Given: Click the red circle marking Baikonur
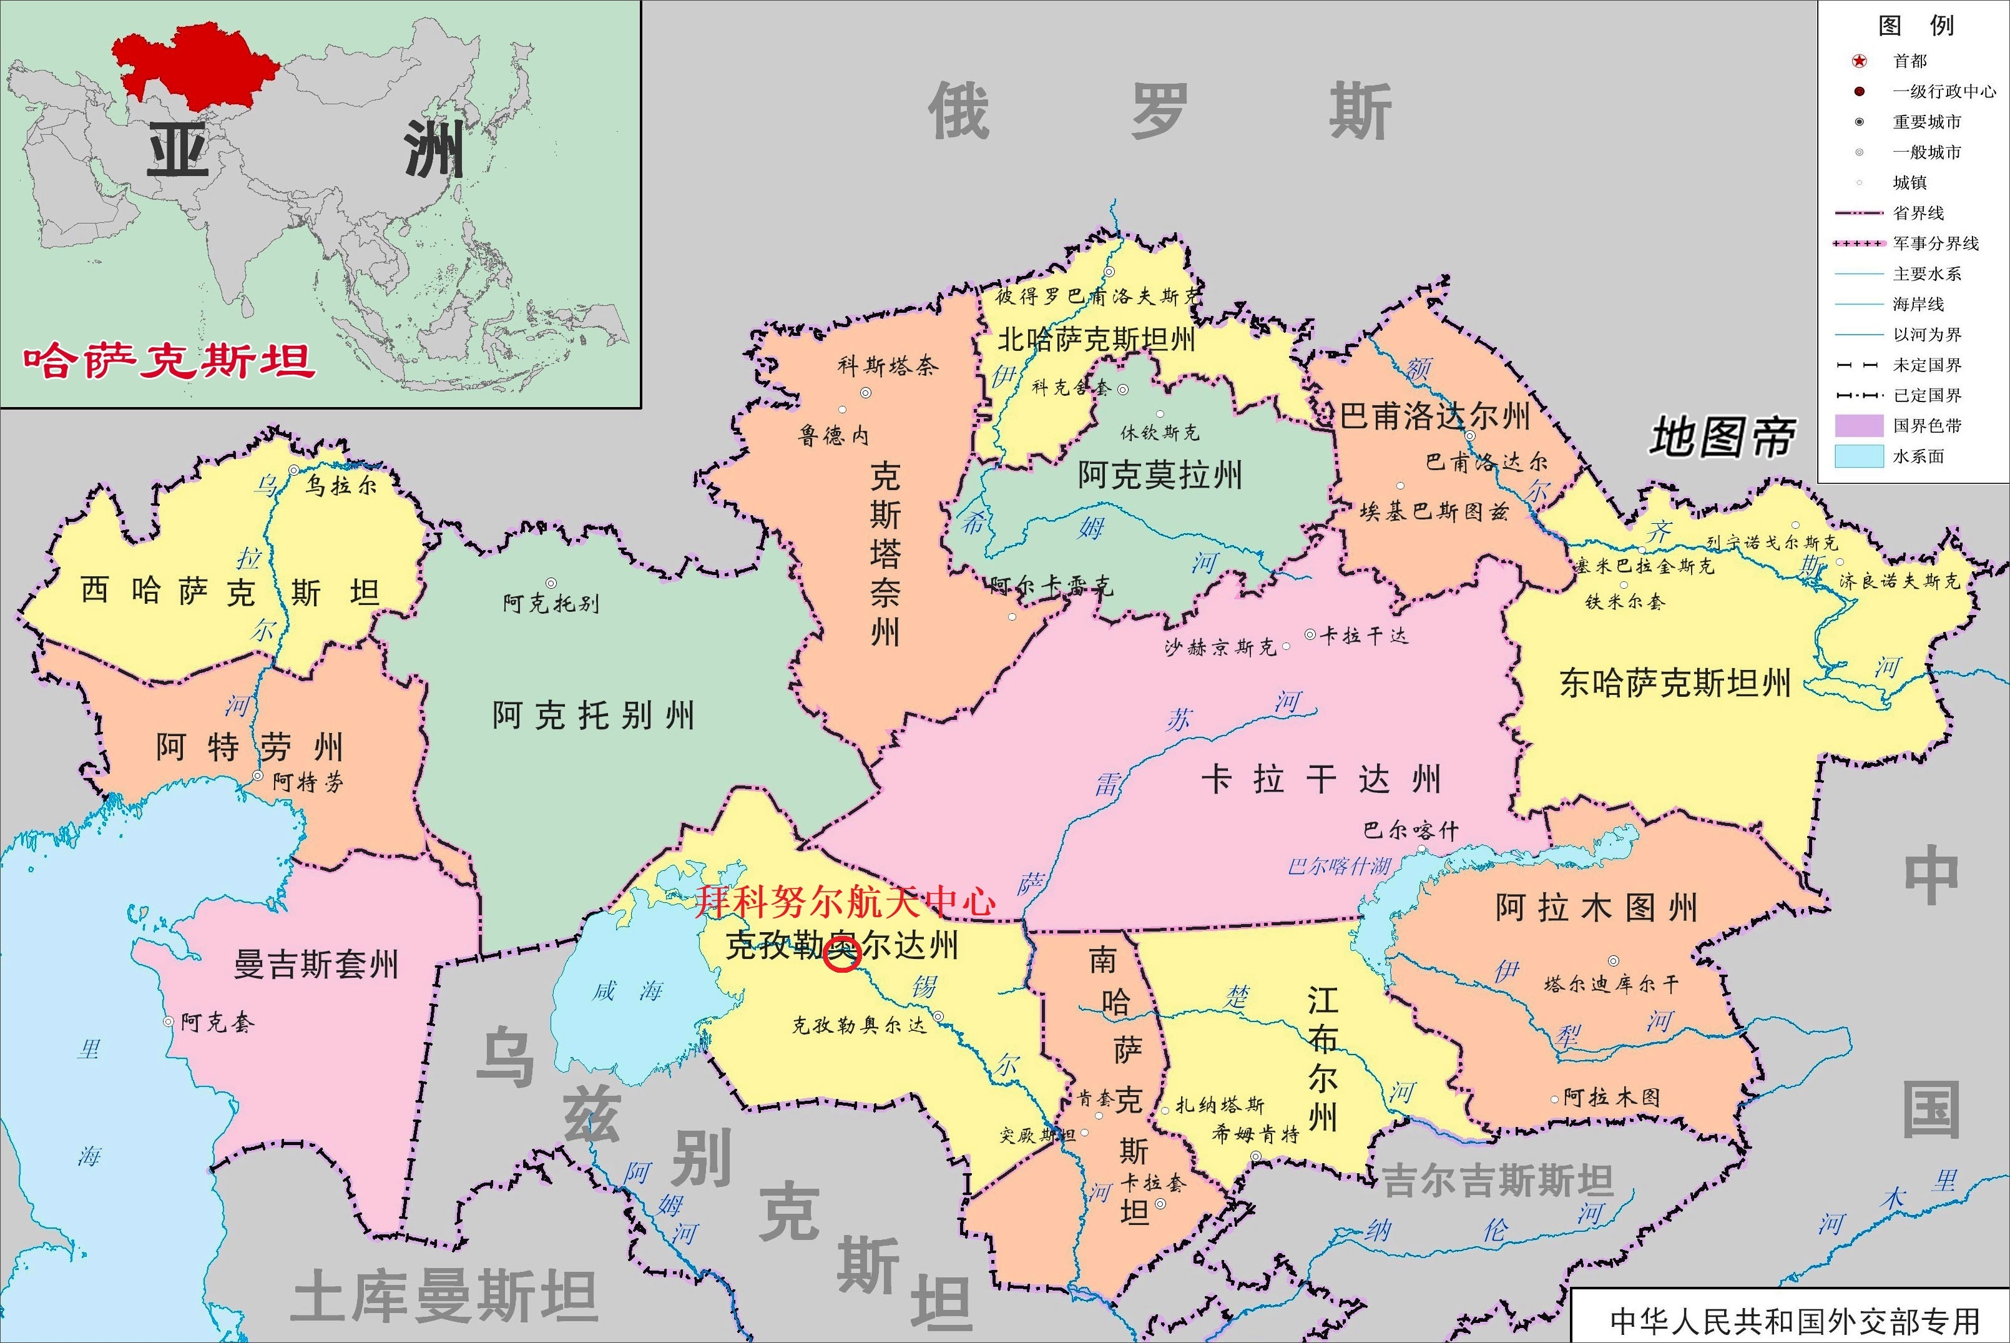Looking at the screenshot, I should click(841, 954).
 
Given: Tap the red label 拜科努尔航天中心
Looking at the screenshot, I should click(845, 901).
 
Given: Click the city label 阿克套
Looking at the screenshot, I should click(217, 1023).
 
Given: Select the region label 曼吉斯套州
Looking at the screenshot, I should click(316, 965).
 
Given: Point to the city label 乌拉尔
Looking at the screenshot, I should click(341, 486).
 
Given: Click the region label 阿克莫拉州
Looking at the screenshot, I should click(1159, 475).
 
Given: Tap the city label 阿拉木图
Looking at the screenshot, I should click(1611, 1097).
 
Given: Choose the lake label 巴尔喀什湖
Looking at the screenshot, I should click(1339, 866).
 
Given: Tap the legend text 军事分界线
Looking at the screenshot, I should click(1936, 244).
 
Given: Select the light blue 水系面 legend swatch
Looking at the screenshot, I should click(1858, 456).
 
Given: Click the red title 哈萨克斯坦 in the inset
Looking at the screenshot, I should click(169, 362).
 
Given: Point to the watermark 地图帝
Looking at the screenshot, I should click(1722, 438).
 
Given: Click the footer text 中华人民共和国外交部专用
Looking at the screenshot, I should click(1794, 1321).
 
